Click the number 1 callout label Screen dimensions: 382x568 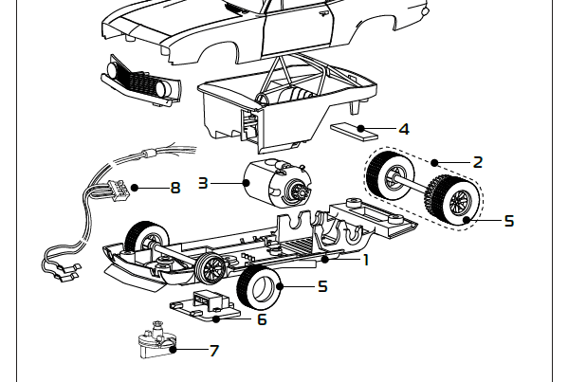[365, 259]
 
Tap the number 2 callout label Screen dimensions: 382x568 [477, 161]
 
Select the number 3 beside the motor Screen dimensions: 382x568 [202, 182]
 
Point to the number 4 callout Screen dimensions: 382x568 [404, 129]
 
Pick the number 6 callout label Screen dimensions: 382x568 [262, 319]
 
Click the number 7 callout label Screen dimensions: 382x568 [213, 351]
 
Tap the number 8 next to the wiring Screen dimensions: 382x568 [174, 188]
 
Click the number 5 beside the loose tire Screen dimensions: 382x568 [322, 284]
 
